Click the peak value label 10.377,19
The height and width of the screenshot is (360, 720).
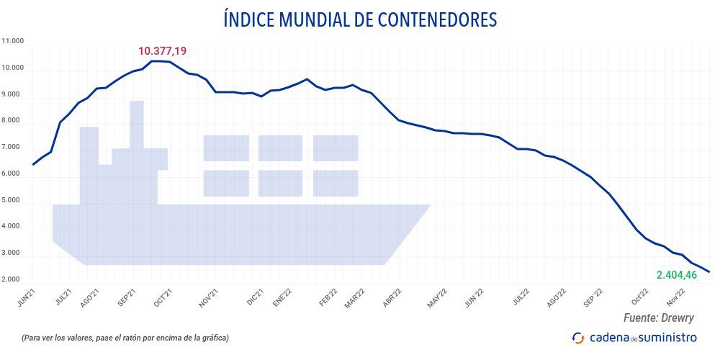tap(163, 51)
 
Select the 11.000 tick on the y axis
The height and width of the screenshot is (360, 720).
tap(13, 42)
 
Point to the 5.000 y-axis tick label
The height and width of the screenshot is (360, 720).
tap(13, 200)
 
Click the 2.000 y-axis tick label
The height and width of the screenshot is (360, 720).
tap(13, 279)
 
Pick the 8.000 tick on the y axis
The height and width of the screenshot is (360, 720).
tap(13, 121)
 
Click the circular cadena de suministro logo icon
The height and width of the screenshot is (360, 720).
tap(577, 338)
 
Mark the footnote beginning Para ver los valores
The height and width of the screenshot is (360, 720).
tap(125, 338)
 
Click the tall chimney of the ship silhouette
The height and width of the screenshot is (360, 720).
tap(137, 122)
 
